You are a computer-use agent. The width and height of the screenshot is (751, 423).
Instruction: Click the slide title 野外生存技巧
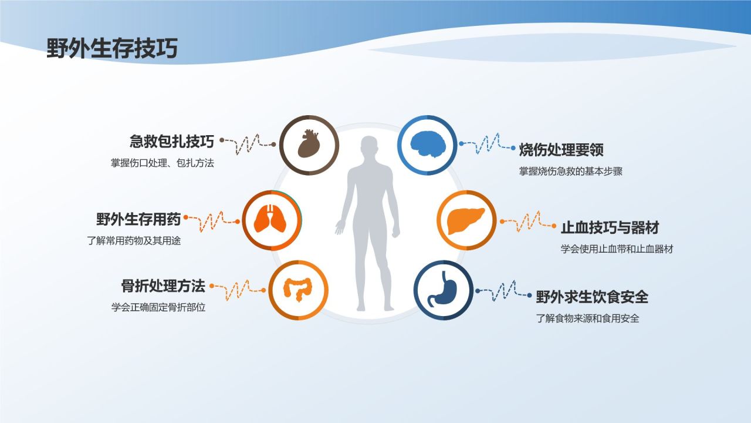(112, 49)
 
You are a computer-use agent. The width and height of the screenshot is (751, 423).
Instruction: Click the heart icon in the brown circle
(309, 145)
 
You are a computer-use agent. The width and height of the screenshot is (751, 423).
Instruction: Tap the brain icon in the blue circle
(427, 145)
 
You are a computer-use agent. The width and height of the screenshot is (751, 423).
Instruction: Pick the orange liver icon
(466, 220)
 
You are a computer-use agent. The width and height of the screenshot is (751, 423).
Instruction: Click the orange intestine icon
(298, 290)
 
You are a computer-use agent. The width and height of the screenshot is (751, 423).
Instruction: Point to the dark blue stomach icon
(444, 290)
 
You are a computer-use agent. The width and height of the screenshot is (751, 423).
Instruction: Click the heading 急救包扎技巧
(171, 142)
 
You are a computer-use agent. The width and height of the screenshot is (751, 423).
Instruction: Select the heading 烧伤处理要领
(561, 150)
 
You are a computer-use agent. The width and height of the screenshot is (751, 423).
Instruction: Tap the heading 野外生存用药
(138, 219)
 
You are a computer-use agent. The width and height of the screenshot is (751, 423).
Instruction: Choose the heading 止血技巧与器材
(610, 228)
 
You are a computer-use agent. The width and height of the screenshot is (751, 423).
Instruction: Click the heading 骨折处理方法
(163, 286)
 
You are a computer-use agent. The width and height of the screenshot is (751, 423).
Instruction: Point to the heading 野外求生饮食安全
(592, 297)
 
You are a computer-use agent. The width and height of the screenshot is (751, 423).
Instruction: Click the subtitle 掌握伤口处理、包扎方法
(163, 163)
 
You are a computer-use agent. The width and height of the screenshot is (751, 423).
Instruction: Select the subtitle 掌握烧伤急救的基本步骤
(570, 172)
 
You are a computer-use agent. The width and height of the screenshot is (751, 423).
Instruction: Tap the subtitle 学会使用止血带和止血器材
(617, 249)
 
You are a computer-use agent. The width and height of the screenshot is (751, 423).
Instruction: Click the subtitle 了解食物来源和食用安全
(587, 319)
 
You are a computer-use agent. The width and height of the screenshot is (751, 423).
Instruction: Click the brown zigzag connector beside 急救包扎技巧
(248, 143)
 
